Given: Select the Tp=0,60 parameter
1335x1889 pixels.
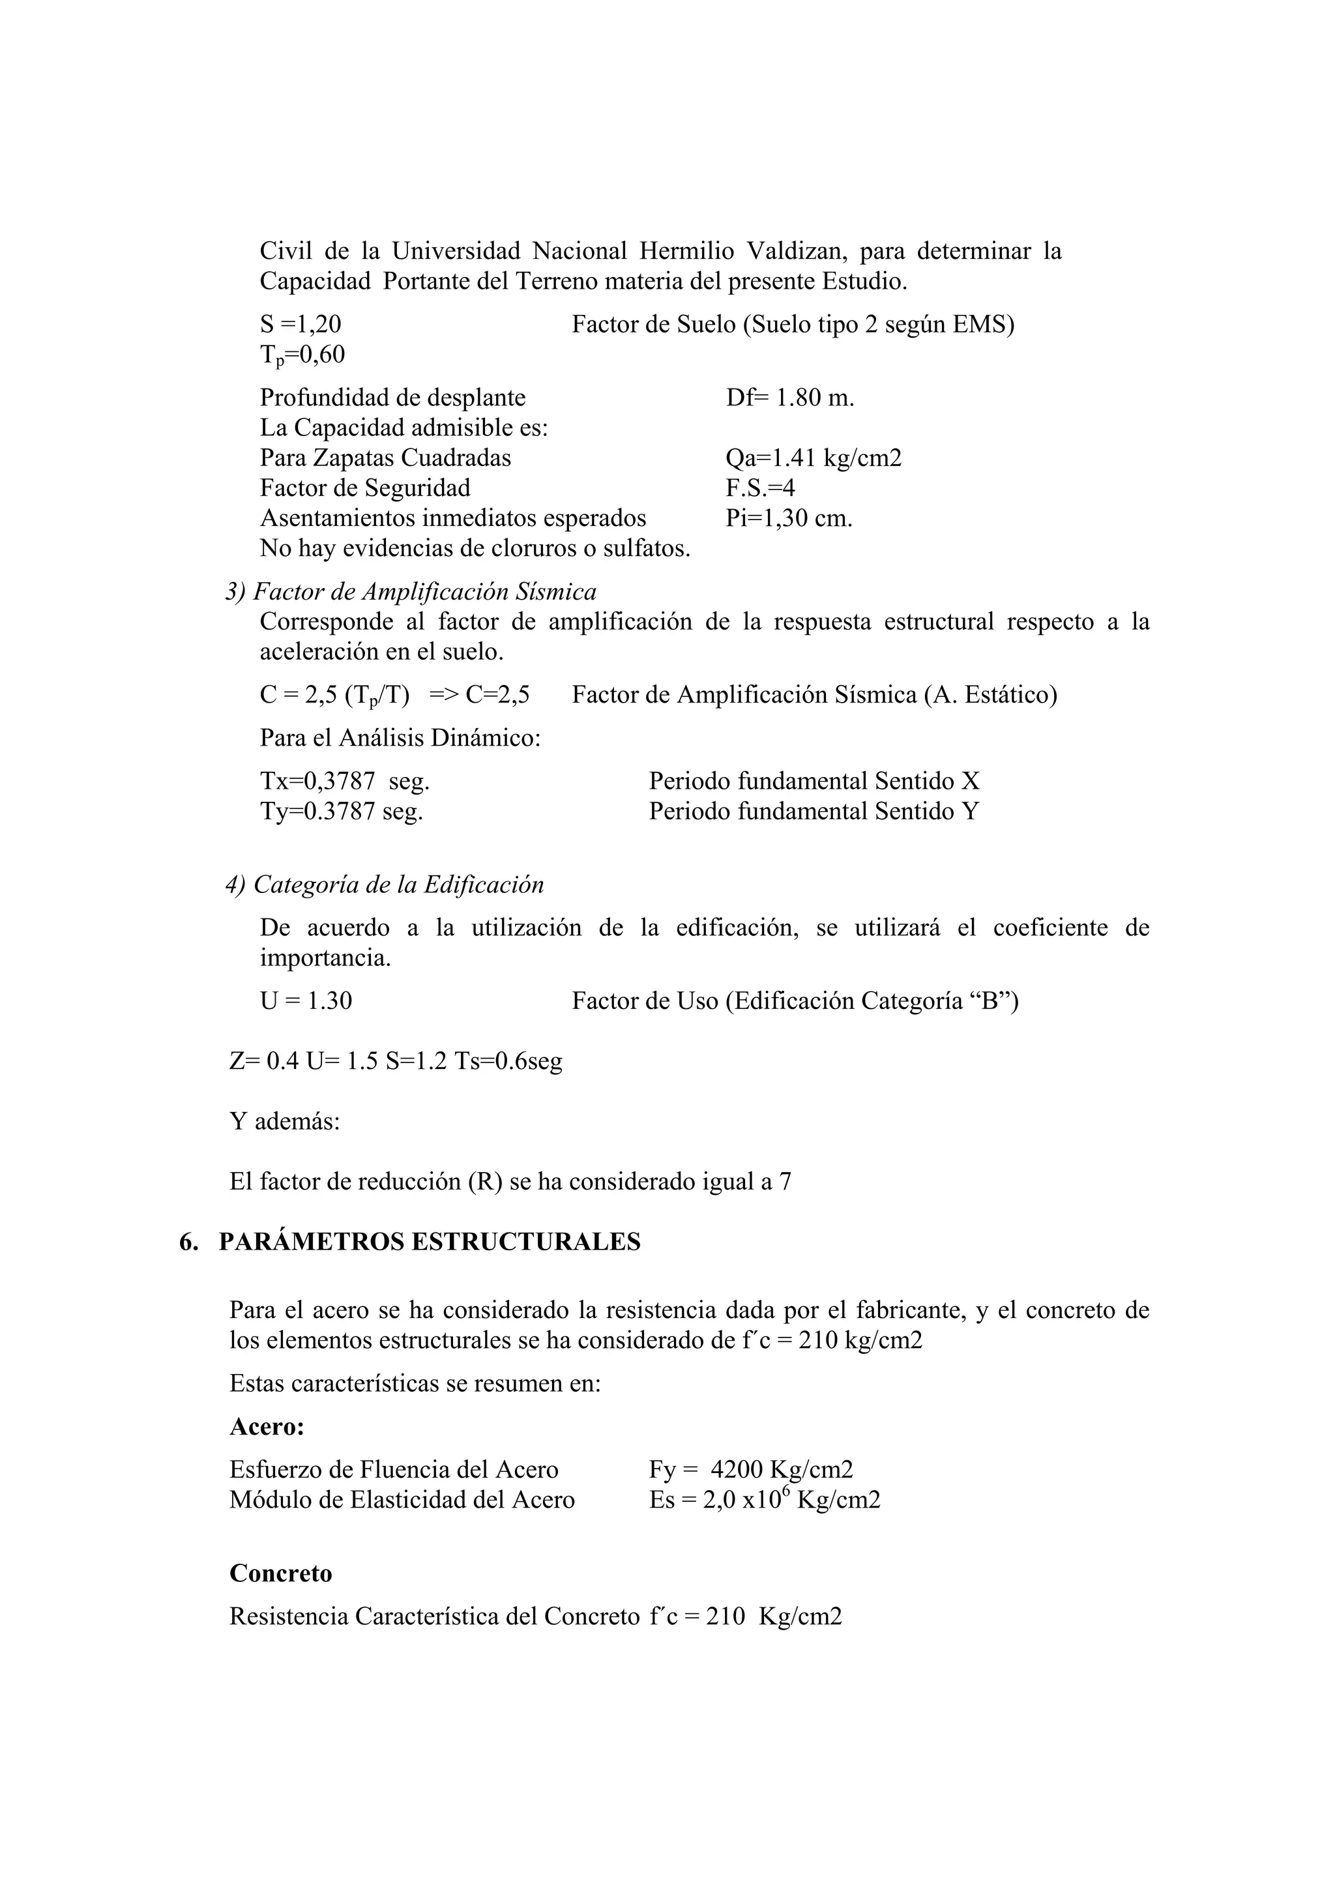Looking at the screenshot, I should tap(302, 355).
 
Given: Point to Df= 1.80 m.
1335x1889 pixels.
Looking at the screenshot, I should tap(789, 398).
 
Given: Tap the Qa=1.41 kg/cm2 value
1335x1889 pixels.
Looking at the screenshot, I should tap(813, 458).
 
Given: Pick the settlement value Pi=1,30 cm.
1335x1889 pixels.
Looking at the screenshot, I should tap(789, 519).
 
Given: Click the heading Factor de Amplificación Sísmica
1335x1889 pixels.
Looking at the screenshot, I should tap(424, 592).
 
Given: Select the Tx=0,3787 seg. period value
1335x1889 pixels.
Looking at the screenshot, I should tap(345, 782).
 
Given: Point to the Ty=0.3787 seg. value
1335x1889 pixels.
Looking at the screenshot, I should tap(342, 812).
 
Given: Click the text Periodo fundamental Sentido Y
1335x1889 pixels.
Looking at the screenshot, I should tap(814, 812).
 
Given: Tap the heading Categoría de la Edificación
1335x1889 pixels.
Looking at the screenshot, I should tap(398, 885).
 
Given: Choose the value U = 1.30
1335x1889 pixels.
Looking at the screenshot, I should tap(306, 1001).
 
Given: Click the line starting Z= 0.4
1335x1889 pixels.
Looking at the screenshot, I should tap(396, 1061).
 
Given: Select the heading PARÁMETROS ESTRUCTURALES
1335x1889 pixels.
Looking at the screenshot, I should tap(430, 1242).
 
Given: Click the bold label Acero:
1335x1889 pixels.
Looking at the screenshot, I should tap(267, 1428).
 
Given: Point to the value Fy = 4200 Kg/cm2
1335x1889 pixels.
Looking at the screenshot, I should tap(750, 1471).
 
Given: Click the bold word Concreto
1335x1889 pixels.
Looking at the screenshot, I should tap(280, 1574).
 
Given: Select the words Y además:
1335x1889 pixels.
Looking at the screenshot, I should tap(285, 1121).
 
